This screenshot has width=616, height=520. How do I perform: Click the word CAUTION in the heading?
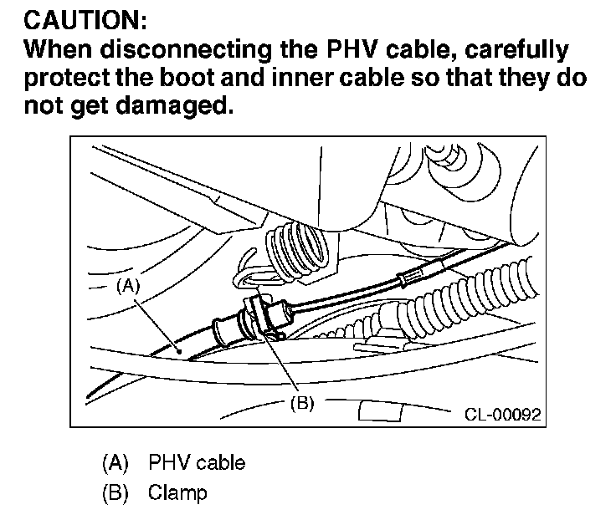coord(71,18)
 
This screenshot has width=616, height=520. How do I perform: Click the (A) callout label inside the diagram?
coord(126,285)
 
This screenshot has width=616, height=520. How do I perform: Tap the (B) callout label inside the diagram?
coord(301,403)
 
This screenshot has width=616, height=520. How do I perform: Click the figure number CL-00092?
coord(502,413)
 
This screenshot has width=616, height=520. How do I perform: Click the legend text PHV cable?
coord(197,462)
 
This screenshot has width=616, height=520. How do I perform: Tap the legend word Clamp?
coord(177,492)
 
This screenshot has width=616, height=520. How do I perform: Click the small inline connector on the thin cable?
coord(413,277)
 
